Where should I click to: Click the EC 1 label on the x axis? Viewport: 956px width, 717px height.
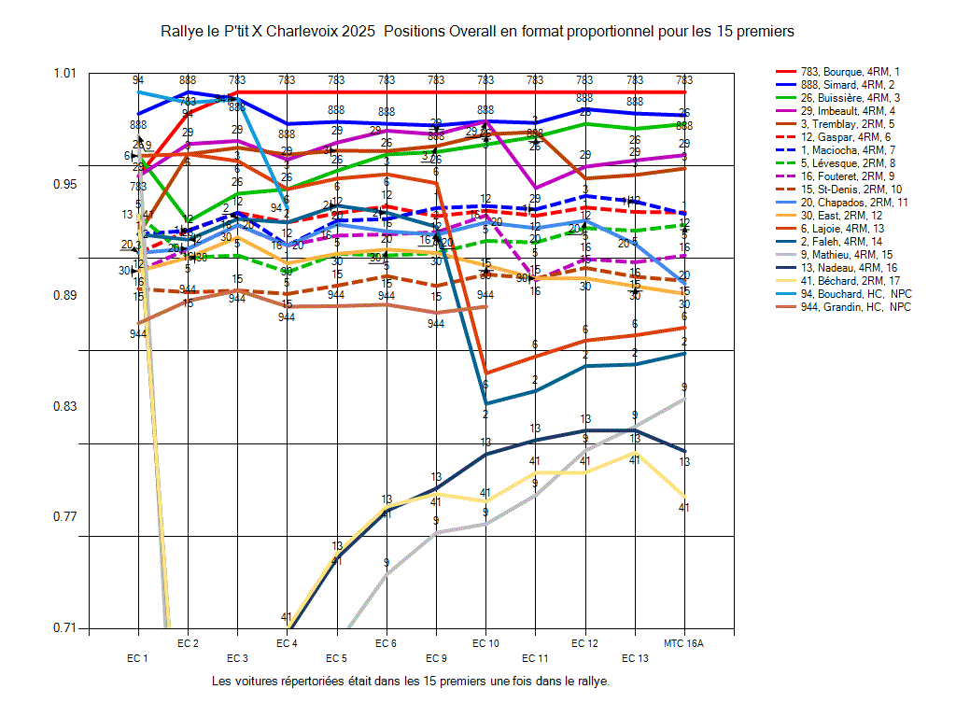[138, 658]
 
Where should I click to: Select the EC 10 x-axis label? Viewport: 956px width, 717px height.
[485, 643]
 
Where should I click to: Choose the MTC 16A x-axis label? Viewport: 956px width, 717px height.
[684, 643]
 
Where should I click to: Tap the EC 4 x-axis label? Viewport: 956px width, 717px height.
[288, 643]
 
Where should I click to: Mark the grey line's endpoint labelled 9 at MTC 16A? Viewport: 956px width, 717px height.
[684, 399]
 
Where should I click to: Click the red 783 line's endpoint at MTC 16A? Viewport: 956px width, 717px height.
[684, 91]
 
